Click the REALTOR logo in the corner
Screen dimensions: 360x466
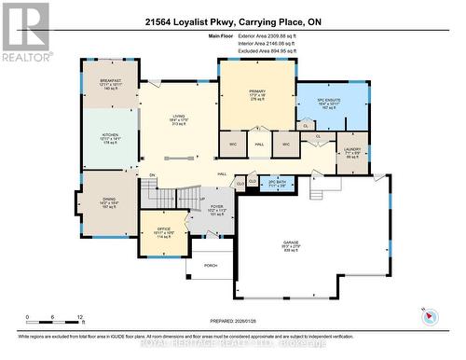point(25,32)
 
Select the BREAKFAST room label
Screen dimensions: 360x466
point(112,82)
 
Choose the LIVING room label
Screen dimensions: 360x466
point(181,118)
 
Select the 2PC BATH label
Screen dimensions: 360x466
point(276,184)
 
